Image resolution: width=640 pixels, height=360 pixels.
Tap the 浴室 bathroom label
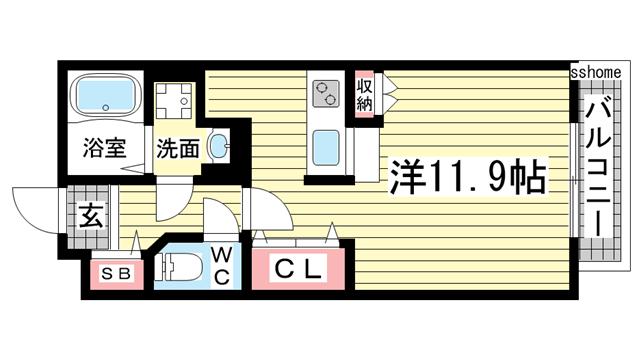[103, 149]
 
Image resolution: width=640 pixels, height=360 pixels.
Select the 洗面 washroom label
[177, 149]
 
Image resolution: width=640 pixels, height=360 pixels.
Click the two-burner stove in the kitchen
[326, 93]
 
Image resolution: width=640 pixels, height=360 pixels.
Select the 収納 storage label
[365, 92]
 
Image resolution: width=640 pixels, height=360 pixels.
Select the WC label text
[222, 265]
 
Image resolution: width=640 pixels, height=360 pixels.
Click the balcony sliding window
[572, 180]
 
